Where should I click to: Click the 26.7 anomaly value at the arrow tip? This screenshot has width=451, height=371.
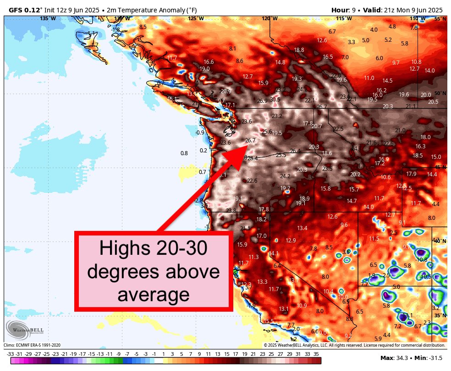click(x=250, y=141)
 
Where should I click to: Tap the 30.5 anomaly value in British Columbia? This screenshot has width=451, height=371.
click(x=275, y=99)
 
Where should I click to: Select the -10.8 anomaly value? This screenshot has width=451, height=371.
click(x=421, y=259)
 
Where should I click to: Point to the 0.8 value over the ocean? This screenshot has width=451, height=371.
click(x=184, y=153)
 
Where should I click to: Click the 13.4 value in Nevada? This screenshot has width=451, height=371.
click(x=302, y=228)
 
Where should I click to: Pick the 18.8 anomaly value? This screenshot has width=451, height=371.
click(x=299, y=50)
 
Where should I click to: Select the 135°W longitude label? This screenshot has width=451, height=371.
click(x=48, y=18)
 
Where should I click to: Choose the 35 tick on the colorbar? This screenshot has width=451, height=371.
click(x=316, y=354)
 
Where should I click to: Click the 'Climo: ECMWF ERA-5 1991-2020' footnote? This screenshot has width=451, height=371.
click(x=32, y=345)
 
